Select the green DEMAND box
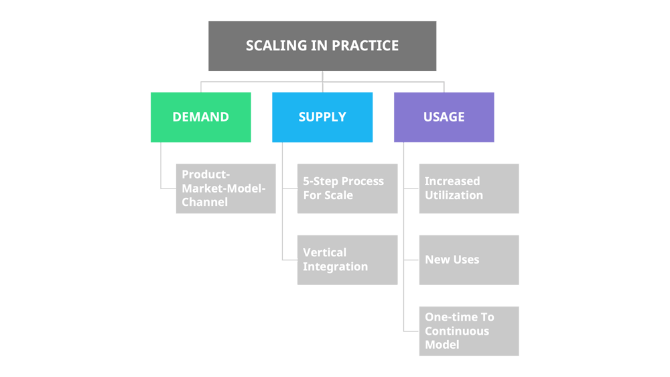coord(200,117)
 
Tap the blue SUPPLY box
coord(322,117)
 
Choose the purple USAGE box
coord(444,117)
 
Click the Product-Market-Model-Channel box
coord(226,188)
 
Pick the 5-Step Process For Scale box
coord(347,188)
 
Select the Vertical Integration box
coord(347,260)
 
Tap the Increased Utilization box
coord(469,188)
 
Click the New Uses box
coord(469,260)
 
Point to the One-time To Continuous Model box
coord(469,331)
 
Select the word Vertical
coord(325,253)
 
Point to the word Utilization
coord(454,196)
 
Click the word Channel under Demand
coord(204,202)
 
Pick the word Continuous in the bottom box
coord(457,331)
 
